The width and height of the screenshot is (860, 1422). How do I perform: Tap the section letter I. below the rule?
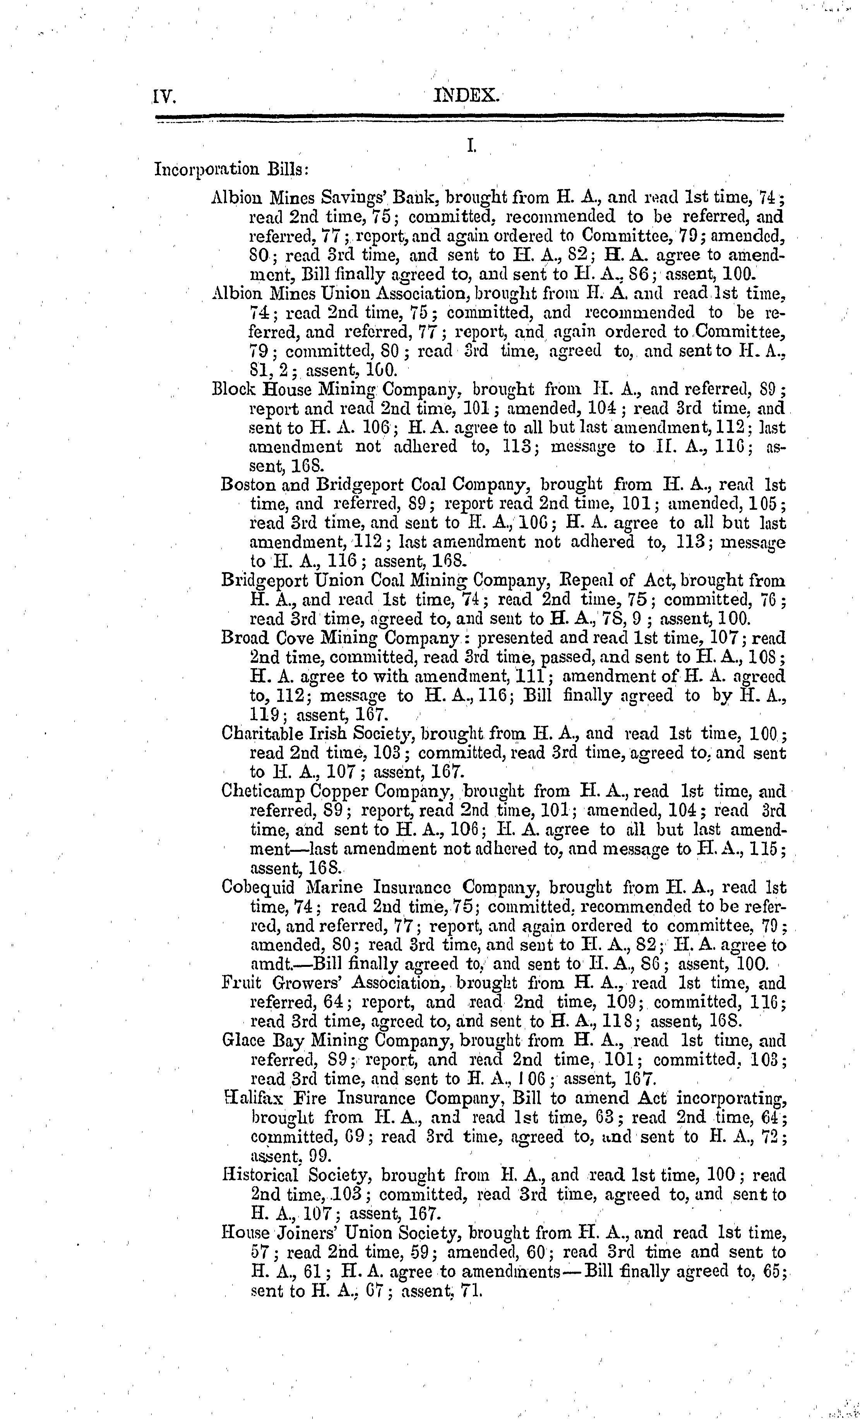point(471,147)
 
